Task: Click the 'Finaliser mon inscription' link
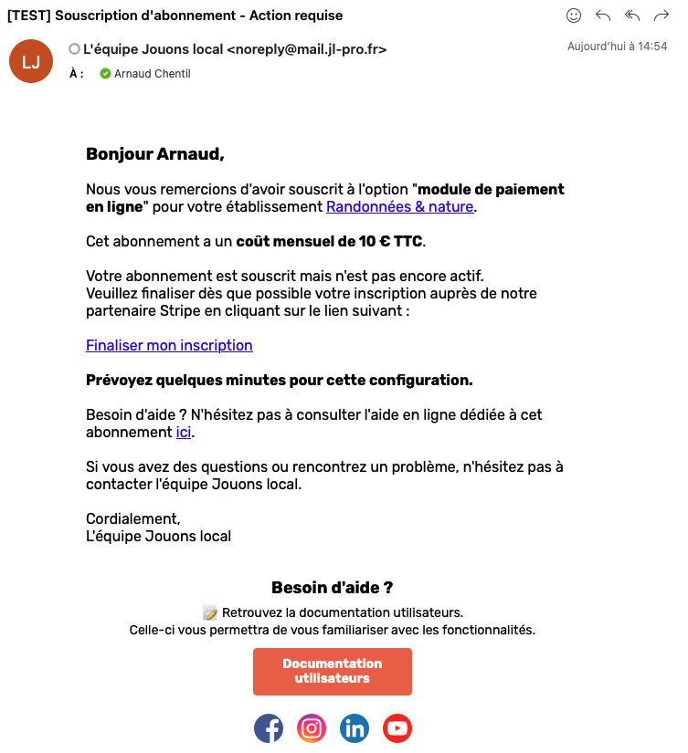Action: (x=169, y=346)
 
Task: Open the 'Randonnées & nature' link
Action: (x=399, y=207)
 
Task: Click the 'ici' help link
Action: (x=184, y=433)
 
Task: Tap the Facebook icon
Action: (x=269, y=728)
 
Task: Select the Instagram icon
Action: (x=312, y=728)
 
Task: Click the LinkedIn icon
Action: (x=355, y=728)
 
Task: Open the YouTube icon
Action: (x=397, y=728)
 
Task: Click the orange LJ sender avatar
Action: (x=31, y=61)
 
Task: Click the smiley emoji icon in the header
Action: (x=574, y=16)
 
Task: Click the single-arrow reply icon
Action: (x=603, y=16)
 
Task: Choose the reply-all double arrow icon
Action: (x=632, y=16)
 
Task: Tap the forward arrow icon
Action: (x=662, y=16)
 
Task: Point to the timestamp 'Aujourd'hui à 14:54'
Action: (x=617, y=46)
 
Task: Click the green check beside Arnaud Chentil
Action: (x=105, y=74)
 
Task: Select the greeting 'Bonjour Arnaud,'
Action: (x=154, y=154)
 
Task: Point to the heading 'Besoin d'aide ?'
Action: (x=333, y=588)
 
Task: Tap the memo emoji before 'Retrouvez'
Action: (x=210, y=612)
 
